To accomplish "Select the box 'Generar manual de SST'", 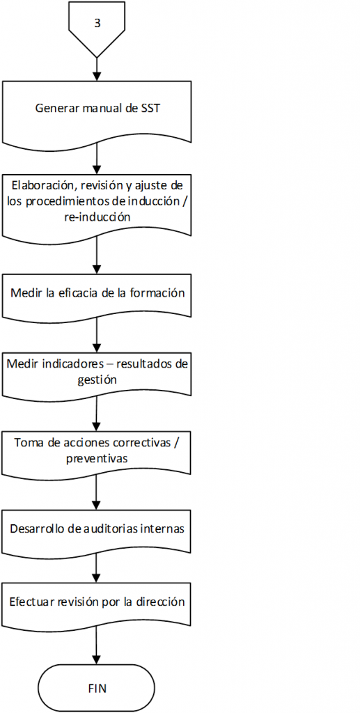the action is [x=97, y=112].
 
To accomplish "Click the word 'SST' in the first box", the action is [x=150, y=109].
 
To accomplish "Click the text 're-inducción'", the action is [x=97, y=217].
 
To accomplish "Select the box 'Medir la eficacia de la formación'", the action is [x=97, y=295].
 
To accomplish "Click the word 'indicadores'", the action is [x=65, y=365].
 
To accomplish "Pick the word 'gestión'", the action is [x=97, y=380].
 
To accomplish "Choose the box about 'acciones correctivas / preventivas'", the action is [x=97, y=453].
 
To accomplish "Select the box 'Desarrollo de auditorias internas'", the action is [x=97, y=532].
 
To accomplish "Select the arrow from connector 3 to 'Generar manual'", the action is [x=97, y=70].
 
